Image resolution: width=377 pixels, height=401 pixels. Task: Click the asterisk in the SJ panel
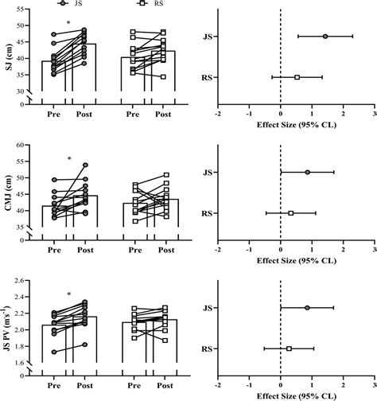(68, 23)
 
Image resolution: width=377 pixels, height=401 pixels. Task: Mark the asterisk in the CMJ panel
(68, 159)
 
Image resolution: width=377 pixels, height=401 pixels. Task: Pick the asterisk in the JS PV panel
(68, 295)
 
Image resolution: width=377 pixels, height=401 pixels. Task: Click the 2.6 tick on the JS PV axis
(24, 280)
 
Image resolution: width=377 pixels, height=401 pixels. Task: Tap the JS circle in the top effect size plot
(325, 36)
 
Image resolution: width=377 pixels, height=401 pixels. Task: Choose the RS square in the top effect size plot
(297, 77)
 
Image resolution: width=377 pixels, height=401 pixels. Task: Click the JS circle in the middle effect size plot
(308, 172)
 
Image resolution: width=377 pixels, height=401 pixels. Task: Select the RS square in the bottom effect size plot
(289, 348)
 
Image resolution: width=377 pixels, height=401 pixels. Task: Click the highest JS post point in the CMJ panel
(85, 165)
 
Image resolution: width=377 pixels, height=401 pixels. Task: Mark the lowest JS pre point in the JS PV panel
(54, 352)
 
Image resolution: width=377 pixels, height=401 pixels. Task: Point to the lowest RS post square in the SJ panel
(164, 77)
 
